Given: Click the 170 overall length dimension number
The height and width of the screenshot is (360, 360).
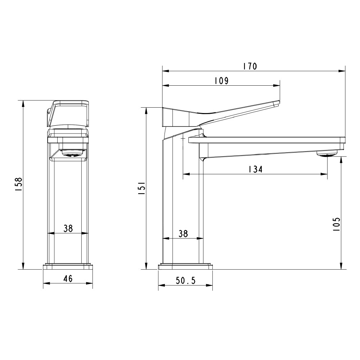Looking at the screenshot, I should pyautogui.click(x=249, y=66).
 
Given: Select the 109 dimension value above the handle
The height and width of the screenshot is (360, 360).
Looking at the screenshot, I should pyautogui.click(x=221, y=81).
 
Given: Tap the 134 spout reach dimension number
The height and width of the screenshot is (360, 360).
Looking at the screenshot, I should pyautogui.click(x=255, y=169).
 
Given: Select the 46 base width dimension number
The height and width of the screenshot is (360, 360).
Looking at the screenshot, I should pyautogui.click(x=68, y=279).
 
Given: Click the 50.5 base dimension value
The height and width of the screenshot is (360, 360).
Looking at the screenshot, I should pyautogui.click(x=185, y=281).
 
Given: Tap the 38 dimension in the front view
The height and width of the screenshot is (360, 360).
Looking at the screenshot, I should pyautogui.click(x=68, y=228).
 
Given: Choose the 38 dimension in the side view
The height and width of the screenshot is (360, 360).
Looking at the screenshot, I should pyautogui.click(x=183, y=233).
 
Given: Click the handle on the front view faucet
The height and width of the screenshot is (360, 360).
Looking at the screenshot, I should pyautogui.click(x=68, y=112).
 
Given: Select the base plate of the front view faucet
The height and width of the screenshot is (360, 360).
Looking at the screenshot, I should pyautogui.click(x=68, y=267).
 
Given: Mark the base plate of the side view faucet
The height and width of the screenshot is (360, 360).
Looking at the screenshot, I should pyautogui.click(x=185, y=267).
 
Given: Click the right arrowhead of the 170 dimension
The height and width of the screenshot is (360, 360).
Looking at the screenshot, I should pyautogui.click(x=343, y=71).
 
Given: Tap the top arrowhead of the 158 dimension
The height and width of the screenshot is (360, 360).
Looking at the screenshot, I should pyautogui.click(x=23, y=103).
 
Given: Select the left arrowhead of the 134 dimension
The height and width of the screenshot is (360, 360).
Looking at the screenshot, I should pyautogui.click(x=185, y=175).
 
